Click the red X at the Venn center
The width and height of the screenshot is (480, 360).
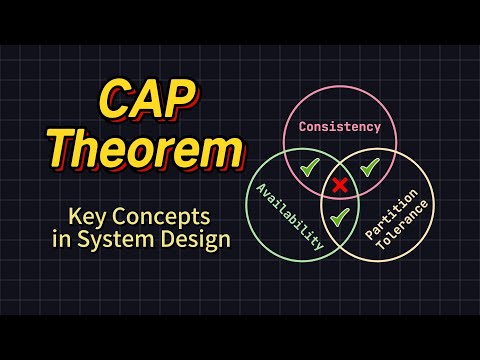click(x=340, y=184)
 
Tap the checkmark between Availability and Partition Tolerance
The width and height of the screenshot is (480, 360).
click(x=340, y=216)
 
